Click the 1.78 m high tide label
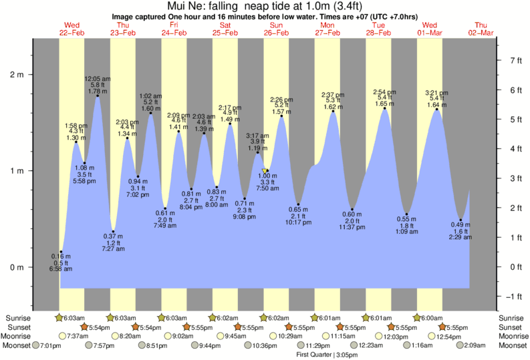[98, 90]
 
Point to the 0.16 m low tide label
[60, 256]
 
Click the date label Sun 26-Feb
[276, 29]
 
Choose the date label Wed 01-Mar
[430, 29]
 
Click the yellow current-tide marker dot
[265, 171]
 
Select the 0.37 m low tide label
[114, 236]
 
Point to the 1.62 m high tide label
[332, 106]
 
